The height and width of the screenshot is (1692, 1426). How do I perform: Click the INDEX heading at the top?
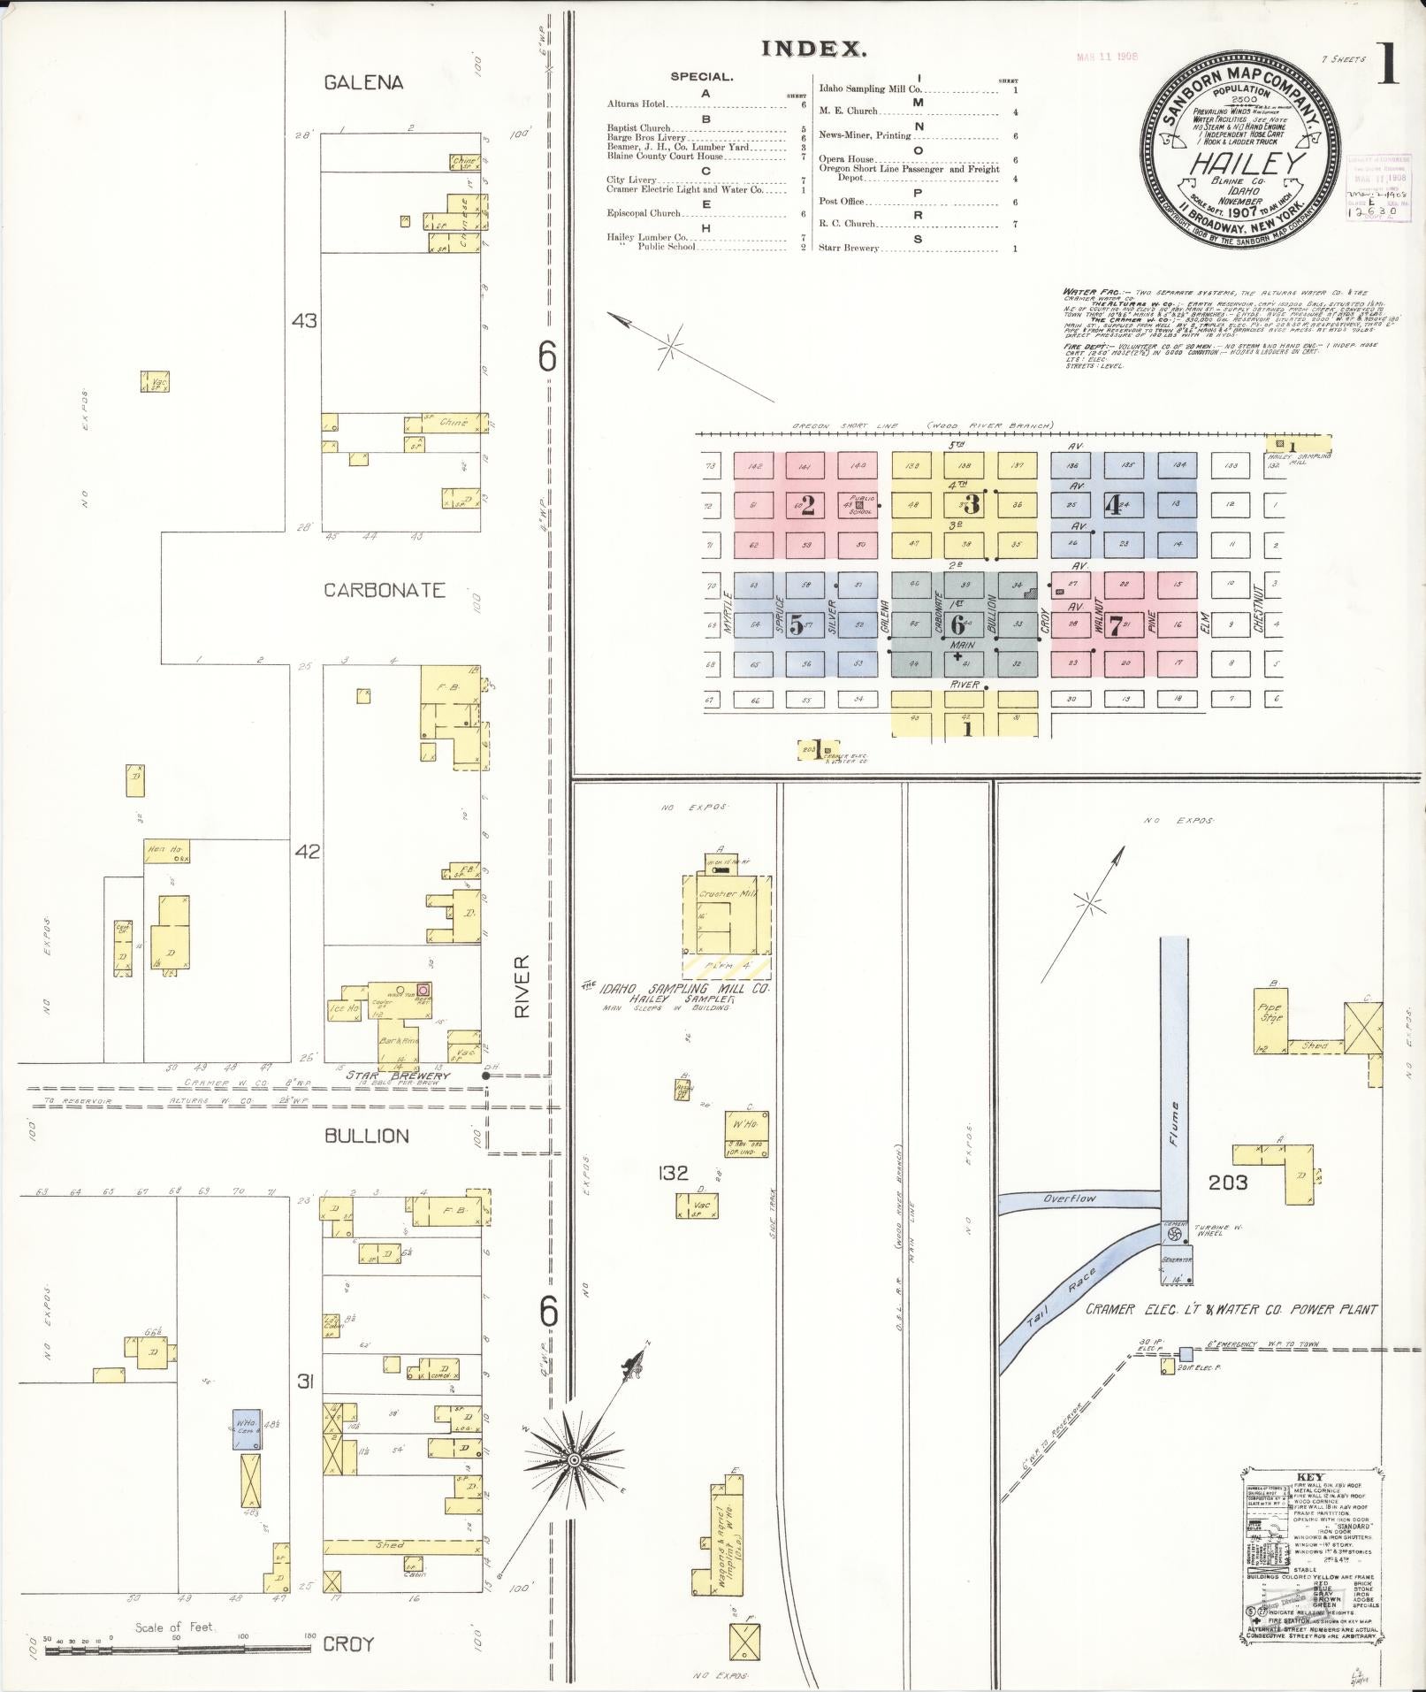coord(813,50)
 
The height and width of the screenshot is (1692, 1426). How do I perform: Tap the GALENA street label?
coord(363,82)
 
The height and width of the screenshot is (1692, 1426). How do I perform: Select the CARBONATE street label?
coord(384,590)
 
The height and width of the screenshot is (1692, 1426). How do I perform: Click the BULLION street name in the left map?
coord(366,1136)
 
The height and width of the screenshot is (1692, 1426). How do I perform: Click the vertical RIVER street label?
coord(522,985)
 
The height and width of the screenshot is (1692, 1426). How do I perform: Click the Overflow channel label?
coord(1069,1199)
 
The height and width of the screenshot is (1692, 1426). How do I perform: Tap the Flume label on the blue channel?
coord(1173,1124)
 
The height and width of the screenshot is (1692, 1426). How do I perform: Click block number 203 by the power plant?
coord(1228,1182)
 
